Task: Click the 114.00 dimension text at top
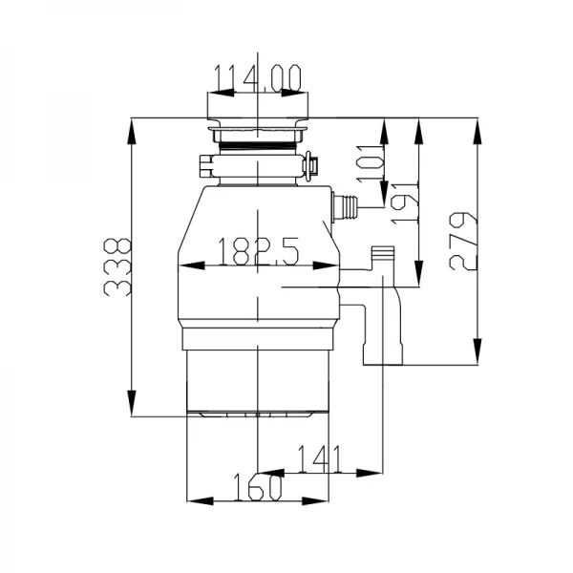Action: pyautogui.click(x=257, y=76)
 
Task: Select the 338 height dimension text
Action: pyautogui.click(x=117, y=267)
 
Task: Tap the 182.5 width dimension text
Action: pyautogui.click(x=258, y=252)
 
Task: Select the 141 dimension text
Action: pyautogui.click(x=321, y=459)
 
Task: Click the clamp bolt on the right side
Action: pyautogui.click(x=311, y=166)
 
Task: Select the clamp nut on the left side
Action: pyautogui.click(x=203, y=164)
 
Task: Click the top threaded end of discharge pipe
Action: pyautogui.click(x=382, y=256)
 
